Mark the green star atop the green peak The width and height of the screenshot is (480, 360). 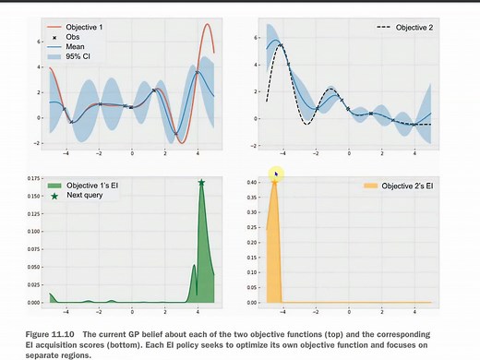[201, 183]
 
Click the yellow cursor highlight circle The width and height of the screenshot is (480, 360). [274, 174]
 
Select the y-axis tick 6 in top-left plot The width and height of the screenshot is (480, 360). [40, 42]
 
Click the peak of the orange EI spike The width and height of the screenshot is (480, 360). [274, 181]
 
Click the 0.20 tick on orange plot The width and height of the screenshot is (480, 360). [249, 242]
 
